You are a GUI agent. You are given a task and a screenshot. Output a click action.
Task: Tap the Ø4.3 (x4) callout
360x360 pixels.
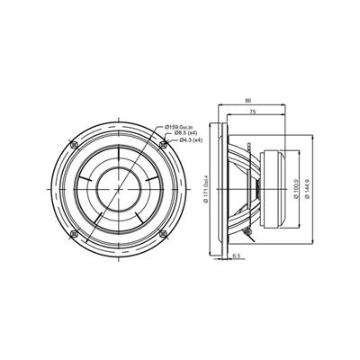coord(190,140)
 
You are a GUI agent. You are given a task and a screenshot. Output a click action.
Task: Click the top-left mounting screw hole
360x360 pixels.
coord(74,145)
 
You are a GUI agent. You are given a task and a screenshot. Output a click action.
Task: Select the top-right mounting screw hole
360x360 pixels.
coord(162,145)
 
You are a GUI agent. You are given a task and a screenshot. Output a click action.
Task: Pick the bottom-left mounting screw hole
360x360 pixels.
coord(74,233)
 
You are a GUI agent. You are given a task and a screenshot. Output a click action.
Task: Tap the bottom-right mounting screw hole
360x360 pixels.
coord(162,233)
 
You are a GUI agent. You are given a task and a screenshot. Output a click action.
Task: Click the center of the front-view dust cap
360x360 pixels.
coord(118,189)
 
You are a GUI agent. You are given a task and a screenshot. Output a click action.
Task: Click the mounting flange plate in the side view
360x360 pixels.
coord(220,189)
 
